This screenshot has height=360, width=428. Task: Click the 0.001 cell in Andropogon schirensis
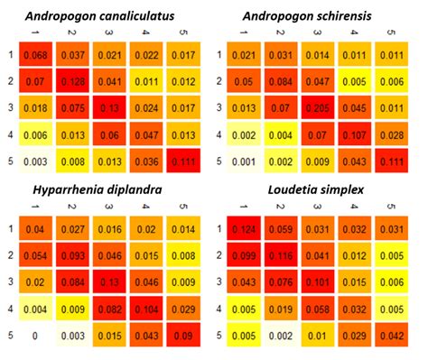[245, 163]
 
